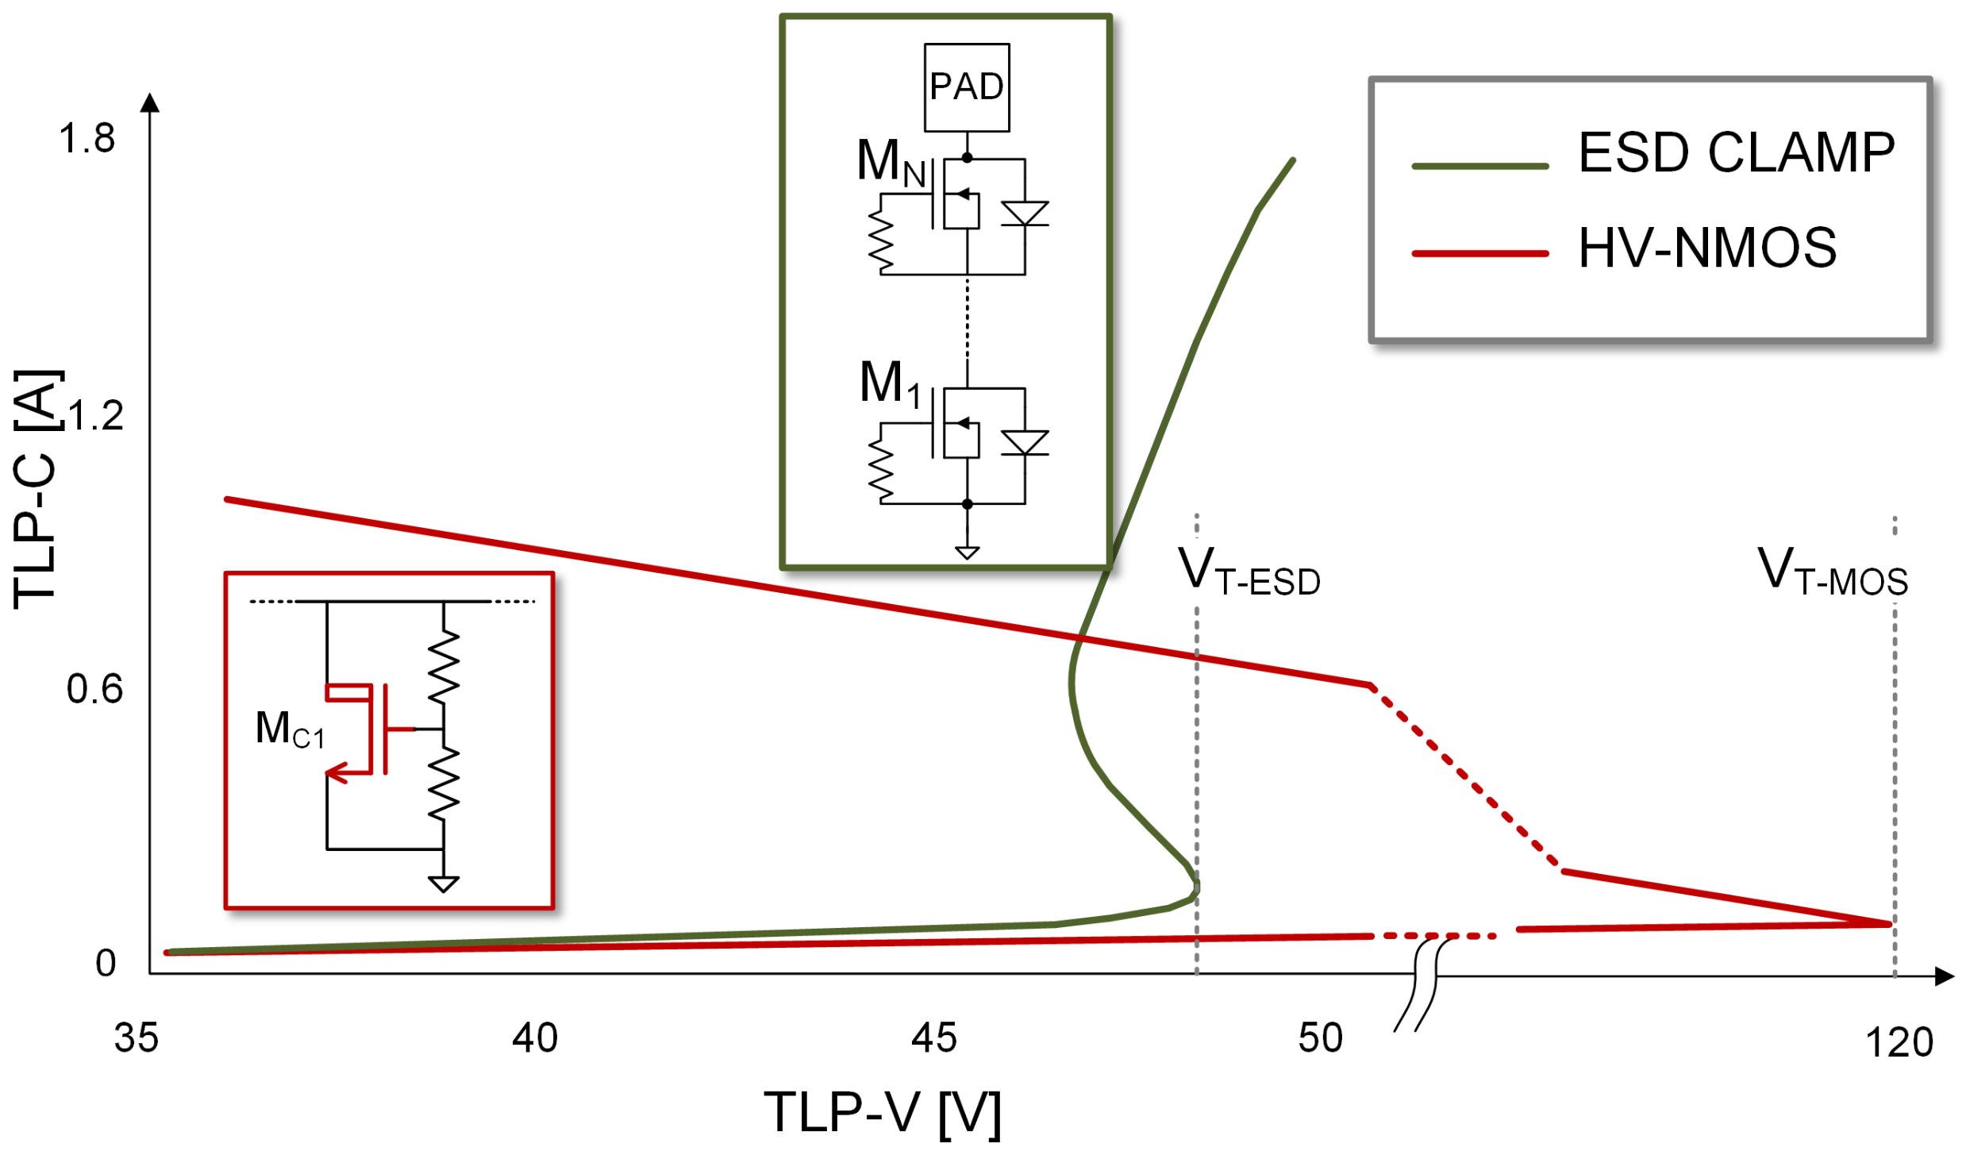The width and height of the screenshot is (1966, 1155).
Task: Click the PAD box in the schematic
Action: [x=966, y=87]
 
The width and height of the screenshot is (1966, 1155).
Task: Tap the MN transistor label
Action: [x=891, y=163]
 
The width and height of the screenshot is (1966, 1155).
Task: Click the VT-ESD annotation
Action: [x=1248, y=572]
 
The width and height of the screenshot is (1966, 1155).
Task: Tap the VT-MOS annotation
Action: [x=1832, y=572]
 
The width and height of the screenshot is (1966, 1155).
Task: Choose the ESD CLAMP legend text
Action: [x=1735, y=152]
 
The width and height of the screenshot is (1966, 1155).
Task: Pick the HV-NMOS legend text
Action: [x=1706, y=248]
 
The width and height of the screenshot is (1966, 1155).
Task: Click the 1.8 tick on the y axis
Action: [x=87, y=139]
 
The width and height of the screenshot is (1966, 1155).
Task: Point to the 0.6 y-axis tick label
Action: [x=94, y=689]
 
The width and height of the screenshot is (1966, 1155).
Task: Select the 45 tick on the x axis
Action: [x=933, y=1038]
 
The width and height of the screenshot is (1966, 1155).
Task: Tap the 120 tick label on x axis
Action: [x=1898, y=1042]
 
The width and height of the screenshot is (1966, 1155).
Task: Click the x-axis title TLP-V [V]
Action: [x=882, y=1113]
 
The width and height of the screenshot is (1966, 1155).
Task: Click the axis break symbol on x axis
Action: [x=1418, y=984]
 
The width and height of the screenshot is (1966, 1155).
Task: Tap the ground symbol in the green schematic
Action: [x=966, y=552]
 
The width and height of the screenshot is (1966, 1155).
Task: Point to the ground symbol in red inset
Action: [x=443, y=884]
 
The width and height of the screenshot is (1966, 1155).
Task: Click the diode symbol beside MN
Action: [x=1024, y=214]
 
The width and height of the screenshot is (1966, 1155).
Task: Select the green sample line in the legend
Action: [x=1479, y=166]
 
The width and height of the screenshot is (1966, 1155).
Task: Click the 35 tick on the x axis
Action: [x=137, y=1038]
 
